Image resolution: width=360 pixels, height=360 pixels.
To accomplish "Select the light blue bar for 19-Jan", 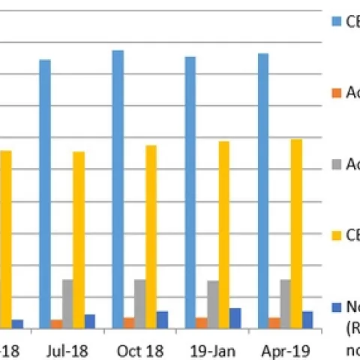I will pos(190,192).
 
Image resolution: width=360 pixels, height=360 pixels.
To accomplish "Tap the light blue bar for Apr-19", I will pos(263,190).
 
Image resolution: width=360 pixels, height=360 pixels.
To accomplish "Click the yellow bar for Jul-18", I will pos(79,239).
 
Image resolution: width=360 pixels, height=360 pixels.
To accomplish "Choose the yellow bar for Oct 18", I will pos(151,236).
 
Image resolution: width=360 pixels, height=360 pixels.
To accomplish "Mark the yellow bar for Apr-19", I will pos(297,233).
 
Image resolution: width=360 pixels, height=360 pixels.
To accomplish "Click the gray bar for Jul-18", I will pos(67,304).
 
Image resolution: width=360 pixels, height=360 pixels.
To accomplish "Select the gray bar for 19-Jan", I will pos(213,304).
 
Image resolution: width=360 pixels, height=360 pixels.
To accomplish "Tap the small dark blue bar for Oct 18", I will pos(162,319).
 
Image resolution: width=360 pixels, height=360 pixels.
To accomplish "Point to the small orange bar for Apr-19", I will pos(274,322).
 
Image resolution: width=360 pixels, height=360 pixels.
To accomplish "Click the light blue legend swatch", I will pos(336,22).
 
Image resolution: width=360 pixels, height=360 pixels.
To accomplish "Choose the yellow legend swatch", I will pos(336,235).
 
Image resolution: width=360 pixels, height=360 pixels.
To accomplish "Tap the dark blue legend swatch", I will pos(336,306).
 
